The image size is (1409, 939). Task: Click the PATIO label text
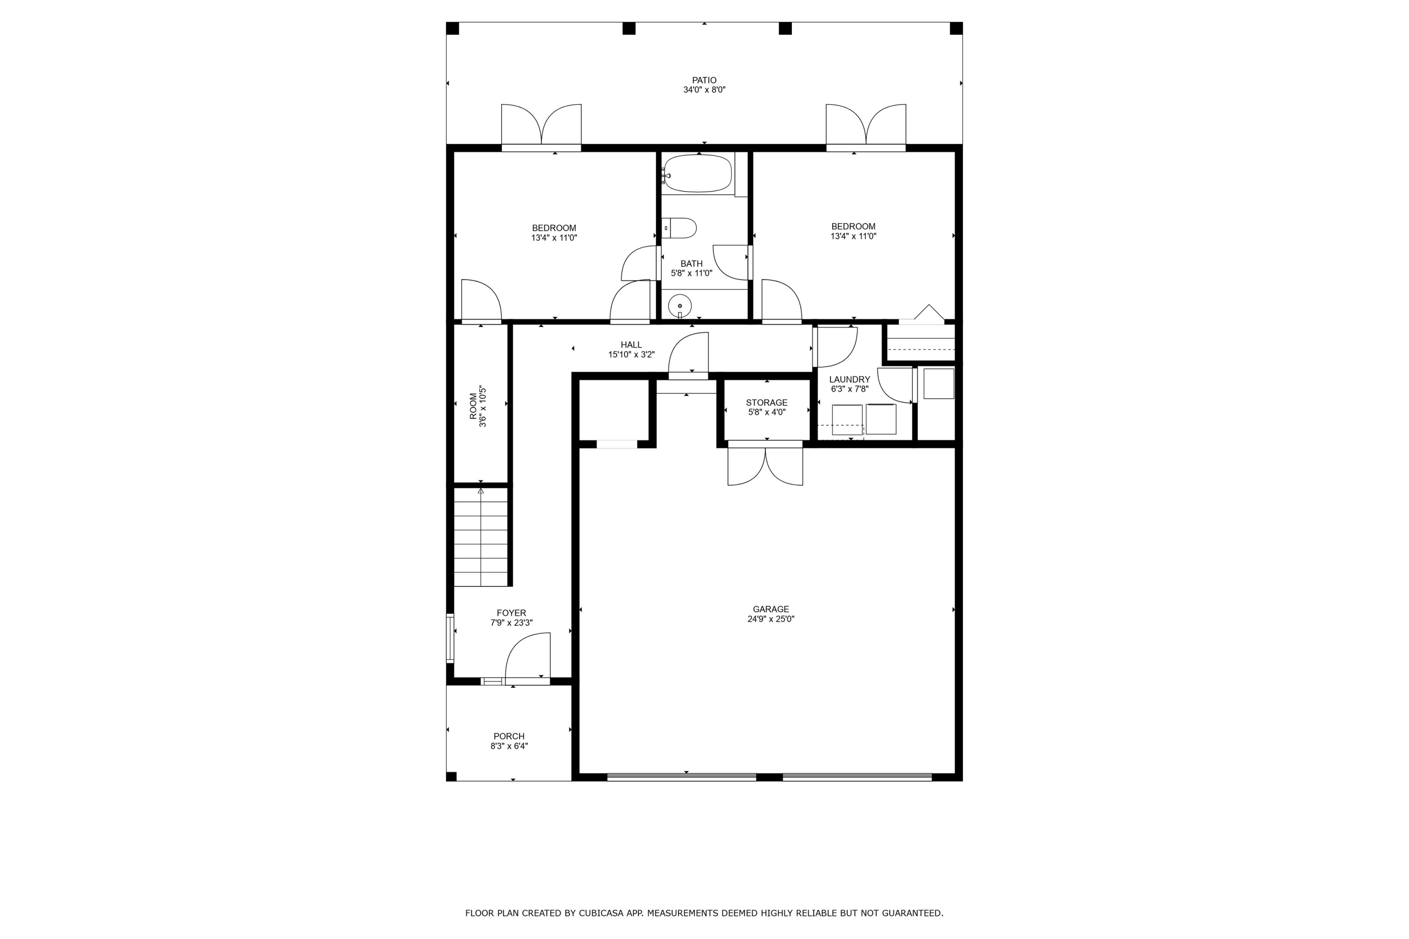pyautogui.click(x=704, y=80)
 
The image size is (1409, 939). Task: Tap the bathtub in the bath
pyautogui.click(x=698, y=174)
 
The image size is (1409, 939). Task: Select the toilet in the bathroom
pyautogui.click(x=681, y=228)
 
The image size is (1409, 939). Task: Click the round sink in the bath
pyautogui.click(x=680, y=306)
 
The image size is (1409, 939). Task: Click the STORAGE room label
pyautogui.click(x=766, y=402)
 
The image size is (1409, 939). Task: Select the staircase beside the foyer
pyautogui.click(x=480, y=537)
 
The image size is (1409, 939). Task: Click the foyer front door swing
pyautogui.click(x=527, y=659)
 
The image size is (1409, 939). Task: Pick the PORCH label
pyautogui.click(x=509, y=736)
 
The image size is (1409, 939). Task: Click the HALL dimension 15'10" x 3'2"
pyautogui.click(x=631, y=354)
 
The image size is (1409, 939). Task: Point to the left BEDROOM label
pyautogui.click(x=554, y=228)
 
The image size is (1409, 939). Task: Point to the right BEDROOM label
pyautogui.click(x=853, y=226)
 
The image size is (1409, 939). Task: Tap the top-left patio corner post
pyautogui.click(x=453, y=29)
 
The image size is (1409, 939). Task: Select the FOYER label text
pyautogui.click(x=511, y=613)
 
